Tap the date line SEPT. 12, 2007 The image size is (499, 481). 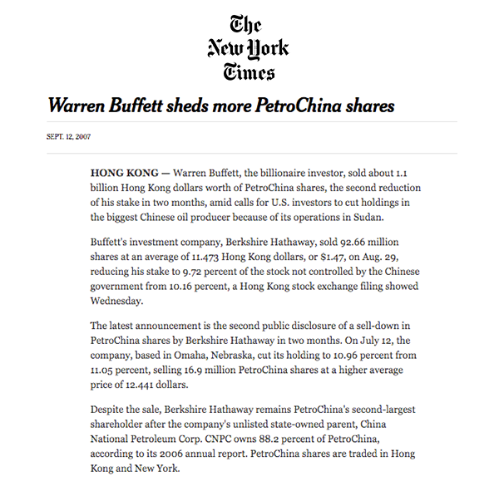(x=69, y=137)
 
